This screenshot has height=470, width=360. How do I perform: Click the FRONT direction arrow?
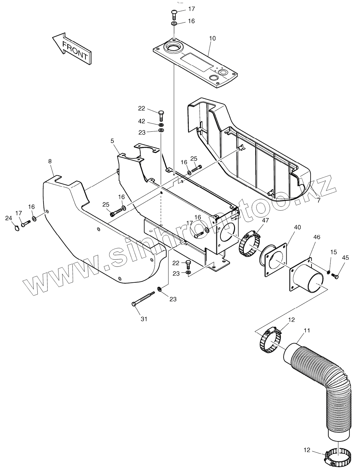(x=72, y=49)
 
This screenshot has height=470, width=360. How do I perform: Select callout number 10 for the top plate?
(x=213, y=39)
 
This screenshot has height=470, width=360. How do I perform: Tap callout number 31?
(x=144, y=319)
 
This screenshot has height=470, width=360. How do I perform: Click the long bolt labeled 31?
(x=143, y=299)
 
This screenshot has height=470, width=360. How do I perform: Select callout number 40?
(x=298, y=227)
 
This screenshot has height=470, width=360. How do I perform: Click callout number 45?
(x=345, y=258)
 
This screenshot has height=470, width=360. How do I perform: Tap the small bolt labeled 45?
(x=335, y=275)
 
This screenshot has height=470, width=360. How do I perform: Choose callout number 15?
(x=333, y=252)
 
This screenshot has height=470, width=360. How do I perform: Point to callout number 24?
(x=8, y=218)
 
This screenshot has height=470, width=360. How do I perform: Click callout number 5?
(x=112, y=141)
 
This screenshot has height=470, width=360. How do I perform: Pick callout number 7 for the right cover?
(x=318, y=201)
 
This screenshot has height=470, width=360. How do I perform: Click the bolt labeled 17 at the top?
(x=174, y=13)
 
